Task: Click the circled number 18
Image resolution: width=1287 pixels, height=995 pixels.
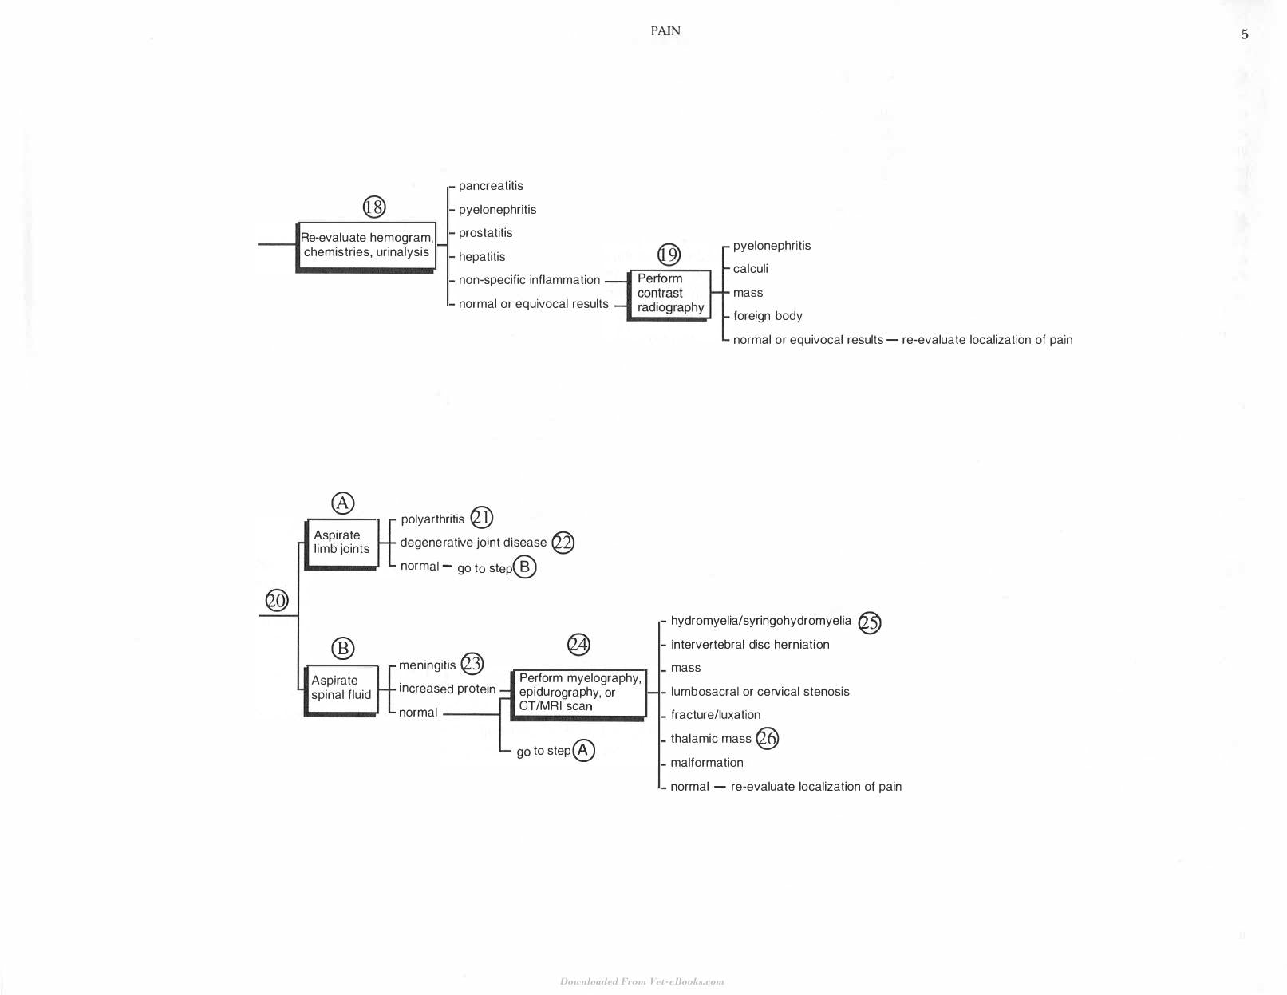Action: tap(373, 207)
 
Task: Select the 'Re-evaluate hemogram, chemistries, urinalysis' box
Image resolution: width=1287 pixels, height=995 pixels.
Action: tap(366, 247)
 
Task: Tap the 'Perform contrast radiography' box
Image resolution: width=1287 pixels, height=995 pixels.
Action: tap(669, 295)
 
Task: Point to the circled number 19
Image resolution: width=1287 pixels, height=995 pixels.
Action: tap(669, 255)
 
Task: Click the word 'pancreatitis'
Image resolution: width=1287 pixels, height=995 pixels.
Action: tap(491, 186)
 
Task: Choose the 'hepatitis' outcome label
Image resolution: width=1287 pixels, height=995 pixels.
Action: tap(481, 256)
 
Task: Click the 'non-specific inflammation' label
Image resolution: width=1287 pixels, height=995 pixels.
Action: tap(529, 279)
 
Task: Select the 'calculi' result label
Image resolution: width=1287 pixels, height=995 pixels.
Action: tap(750, 268)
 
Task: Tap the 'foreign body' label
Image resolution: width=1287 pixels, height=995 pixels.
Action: tap(768, 316)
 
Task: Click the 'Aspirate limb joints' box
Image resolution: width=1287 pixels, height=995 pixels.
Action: tap(341, 544)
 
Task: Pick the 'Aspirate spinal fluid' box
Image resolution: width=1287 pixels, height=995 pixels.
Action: tap(341, 690)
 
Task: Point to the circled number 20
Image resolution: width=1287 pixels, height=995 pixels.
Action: tap(277, 601)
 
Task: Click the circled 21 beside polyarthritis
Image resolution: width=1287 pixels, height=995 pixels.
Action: tap(481, 518)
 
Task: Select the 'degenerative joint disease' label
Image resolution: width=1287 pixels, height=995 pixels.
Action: tap(473, 543)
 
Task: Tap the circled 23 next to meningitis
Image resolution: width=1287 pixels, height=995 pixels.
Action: tap(472, 663)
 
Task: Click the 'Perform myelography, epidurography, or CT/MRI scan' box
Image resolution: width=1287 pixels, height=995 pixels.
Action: tap(578, 695)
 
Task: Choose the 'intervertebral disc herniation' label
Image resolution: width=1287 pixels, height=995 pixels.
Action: tap(750, 645)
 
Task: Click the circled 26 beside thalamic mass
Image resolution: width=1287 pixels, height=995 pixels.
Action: tap(767, 738)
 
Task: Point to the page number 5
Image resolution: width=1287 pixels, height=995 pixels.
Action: tap(1245, 34)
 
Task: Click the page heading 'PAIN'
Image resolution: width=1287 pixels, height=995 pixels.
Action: tap(665, 31)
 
